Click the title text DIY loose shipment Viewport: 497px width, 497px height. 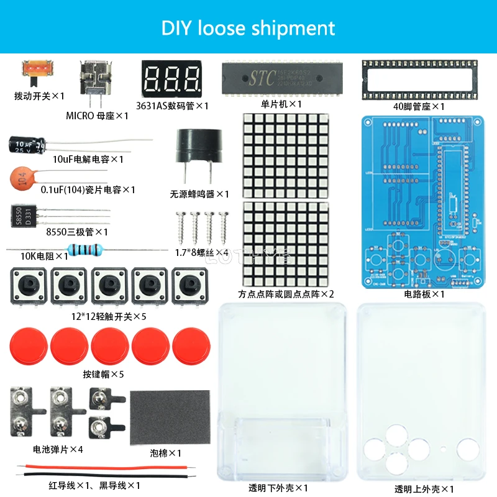[248, 28]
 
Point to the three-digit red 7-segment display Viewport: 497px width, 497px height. [172, 78]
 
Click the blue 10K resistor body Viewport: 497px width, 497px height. [84, 250]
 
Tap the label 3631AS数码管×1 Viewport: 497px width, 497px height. [173, 106]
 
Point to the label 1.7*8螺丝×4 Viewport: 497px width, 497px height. [199, 252]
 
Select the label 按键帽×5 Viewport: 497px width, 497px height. [103, 374]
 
